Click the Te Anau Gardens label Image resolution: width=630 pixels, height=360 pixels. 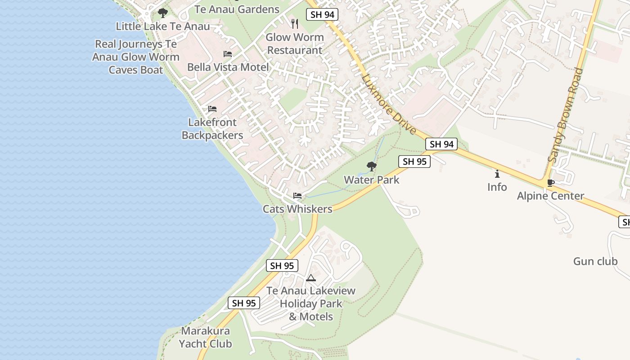point(237,9)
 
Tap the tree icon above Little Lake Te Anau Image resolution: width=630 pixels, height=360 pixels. point(163,13)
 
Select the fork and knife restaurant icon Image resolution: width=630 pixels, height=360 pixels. point(295,24)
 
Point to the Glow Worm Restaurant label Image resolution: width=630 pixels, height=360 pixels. point(295,44)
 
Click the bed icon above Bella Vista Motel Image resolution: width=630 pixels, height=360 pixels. point(228,54)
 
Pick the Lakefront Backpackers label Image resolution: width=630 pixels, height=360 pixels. point(212,129)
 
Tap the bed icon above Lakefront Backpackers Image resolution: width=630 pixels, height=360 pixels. point(212,109)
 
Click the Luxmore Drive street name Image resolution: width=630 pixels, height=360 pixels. point(388,104)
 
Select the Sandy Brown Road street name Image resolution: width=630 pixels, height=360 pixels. point(566,115)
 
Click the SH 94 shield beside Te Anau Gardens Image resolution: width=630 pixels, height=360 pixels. point(322,14)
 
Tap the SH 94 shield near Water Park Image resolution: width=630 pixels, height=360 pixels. point(441,144)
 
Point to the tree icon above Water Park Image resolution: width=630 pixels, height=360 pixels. point(372,166)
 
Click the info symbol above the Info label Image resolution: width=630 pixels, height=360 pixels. point(497,174)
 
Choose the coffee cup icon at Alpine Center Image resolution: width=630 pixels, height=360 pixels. point(550,183)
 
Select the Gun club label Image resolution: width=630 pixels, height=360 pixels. point(595,261)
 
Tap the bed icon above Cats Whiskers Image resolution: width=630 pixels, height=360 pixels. point(297,196)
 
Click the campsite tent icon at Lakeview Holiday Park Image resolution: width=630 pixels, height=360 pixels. point(311,278)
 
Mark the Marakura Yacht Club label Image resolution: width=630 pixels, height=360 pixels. point(206,337)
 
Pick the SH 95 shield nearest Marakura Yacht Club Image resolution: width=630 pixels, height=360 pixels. point(244,303)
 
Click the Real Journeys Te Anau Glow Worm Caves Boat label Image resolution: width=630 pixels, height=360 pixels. point(136,57)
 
